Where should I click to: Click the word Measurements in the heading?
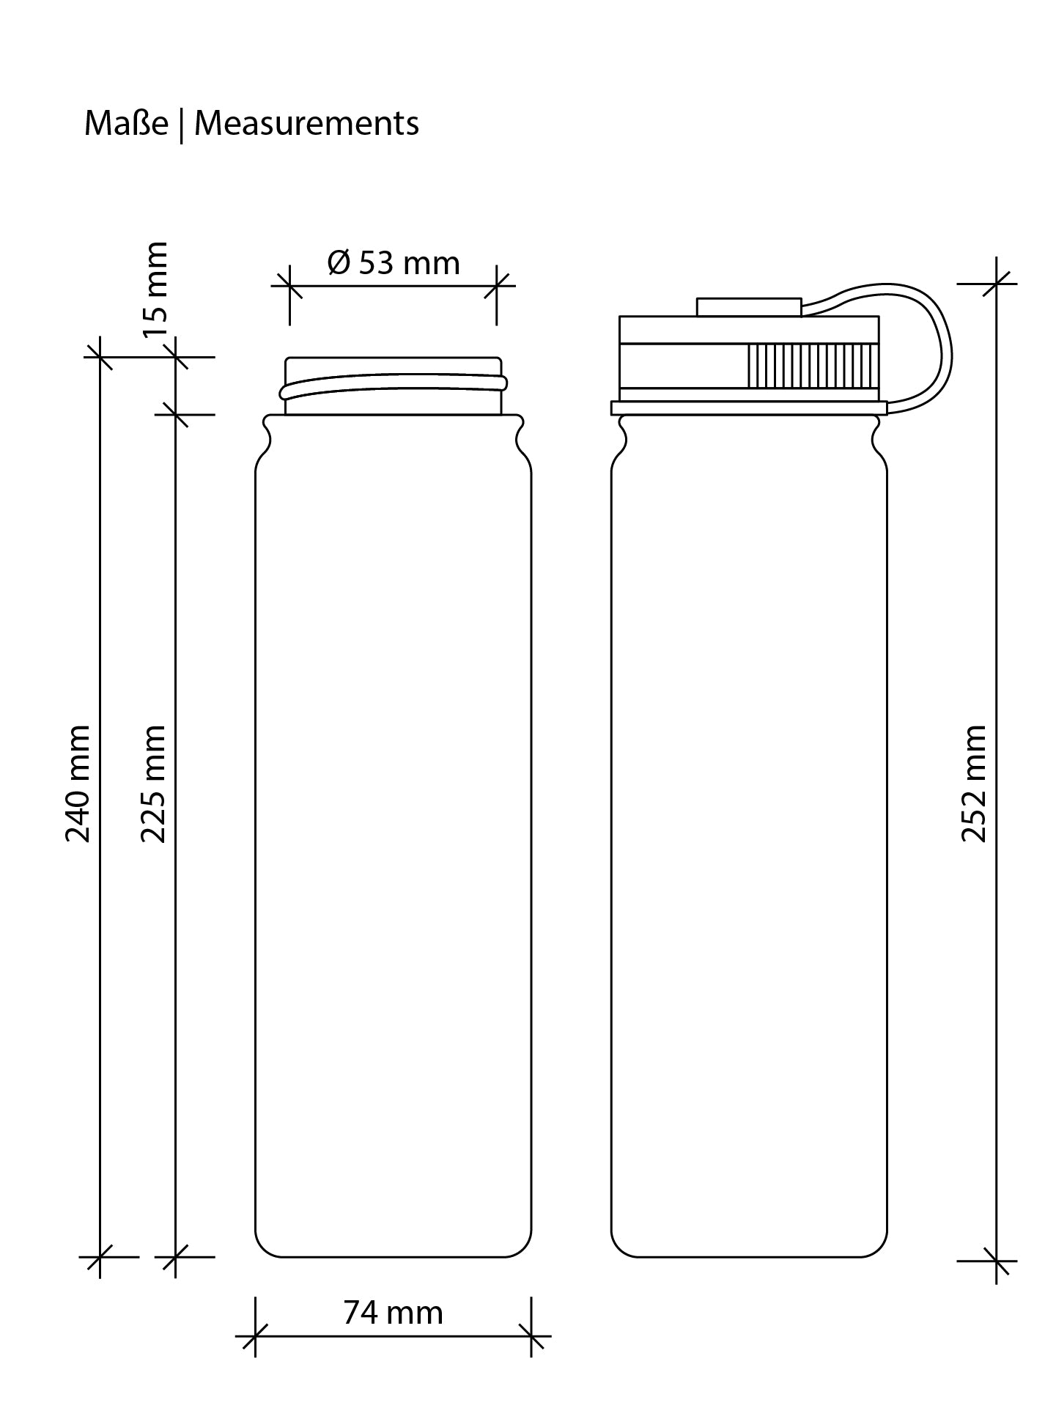point(306,123)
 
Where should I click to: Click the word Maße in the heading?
point(126,123)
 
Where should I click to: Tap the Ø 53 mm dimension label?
point(394,263)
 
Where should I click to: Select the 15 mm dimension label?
point(156,290)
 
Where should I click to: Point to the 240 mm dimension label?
point(78,784)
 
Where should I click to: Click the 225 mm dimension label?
point(154,784)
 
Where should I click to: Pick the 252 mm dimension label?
point(974,784)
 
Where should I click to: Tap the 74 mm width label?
point(394,1312)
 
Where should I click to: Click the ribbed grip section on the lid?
point(812,365)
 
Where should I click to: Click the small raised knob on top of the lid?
point(748,306)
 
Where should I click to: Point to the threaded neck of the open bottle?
point(394,386)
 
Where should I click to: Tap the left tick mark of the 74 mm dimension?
point(255,1335)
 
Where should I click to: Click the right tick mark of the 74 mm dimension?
point(531,1335)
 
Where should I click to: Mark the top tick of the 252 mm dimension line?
point(997,284)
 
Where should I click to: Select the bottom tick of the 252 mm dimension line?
point(997,1261)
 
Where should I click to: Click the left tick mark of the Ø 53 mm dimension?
point(289,285)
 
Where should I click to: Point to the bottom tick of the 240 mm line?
point(100,1256)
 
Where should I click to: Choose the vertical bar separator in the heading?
point(181,125)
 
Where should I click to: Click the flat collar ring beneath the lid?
point(748,408)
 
